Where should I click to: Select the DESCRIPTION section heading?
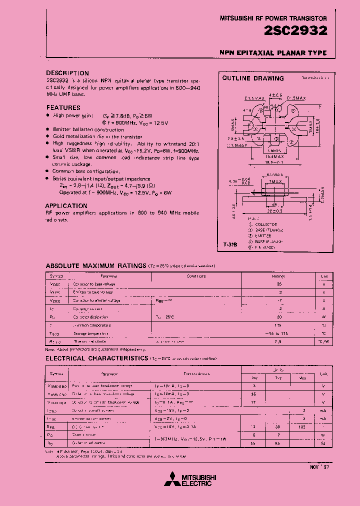[x=67, y=73]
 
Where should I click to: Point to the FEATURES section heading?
[x=63, y=107]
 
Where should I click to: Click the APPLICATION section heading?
[x=66, y=205]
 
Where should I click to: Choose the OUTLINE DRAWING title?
[x=252, y=78]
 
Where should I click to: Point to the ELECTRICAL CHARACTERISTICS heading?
[x=97, y=358]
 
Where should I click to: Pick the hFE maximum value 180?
[x=301, y=427]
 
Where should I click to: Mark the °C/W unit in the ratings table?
[x=323, y=341]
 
